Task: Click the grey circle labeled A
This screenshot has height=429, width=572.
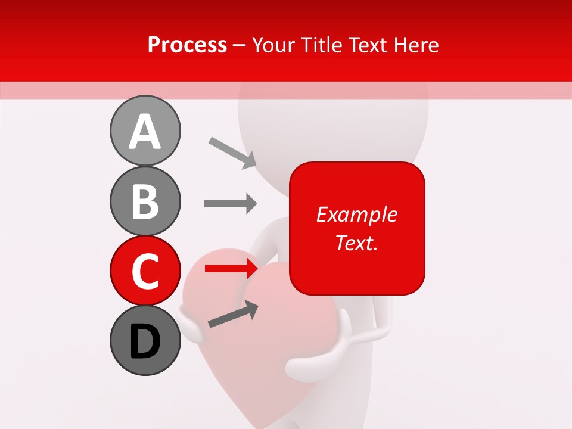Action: [145, 130]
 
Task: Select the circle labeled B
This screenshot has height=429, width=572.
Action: [145, 201]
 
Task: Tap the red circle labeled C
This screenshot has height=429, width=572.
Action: [145, 271]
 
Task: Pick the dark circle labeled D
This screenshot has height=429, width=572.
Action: [145, 340]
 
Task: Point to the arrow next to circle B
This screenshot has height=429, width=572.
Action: [230, 204]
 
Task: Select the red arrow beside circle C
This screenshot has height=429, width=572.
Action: [230, 269]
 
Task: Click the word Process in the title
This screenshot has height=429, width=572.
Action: [187, 45]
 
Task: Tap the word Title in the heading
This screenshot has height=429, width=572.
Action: [321, 45]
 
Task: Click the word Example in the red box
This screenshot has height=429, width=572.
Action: [356, 214]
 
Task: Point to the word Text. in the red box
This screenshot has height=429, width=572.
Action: [356, 243]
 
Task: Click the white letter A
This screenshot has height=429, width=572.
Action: [145, 132]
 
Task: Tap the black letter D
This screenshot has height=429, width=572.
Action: [145, 341]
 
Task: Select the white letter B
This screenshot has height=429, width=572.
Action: [145, 202]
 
